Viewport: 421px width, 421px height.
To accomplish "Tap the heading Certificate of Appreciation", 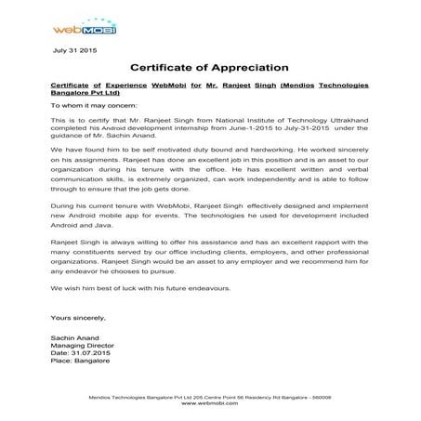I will [210, 68].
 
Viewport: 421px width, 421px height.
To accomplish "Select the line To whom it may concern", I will [93, 107].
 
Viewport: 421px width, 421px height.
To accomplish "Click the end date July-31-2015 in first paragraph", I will [326, 131].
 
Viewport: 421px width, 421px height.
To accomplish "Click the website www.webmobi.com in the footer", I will [210, 403].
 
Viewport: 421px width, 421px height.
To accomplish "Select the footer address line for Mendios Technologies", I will [210, 397].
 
